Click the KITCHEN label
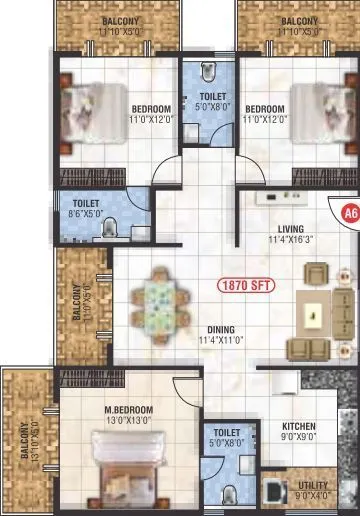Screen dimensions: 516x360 pyautogui.click(x=297, y=425)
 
